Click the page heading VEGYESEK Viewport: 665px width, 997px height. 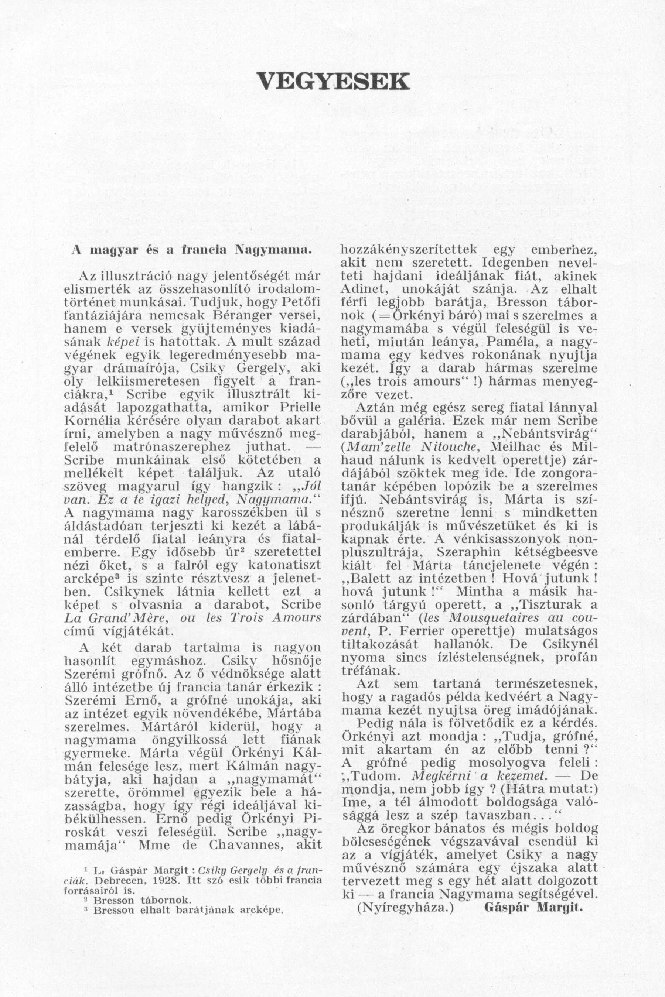(333, 80)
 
